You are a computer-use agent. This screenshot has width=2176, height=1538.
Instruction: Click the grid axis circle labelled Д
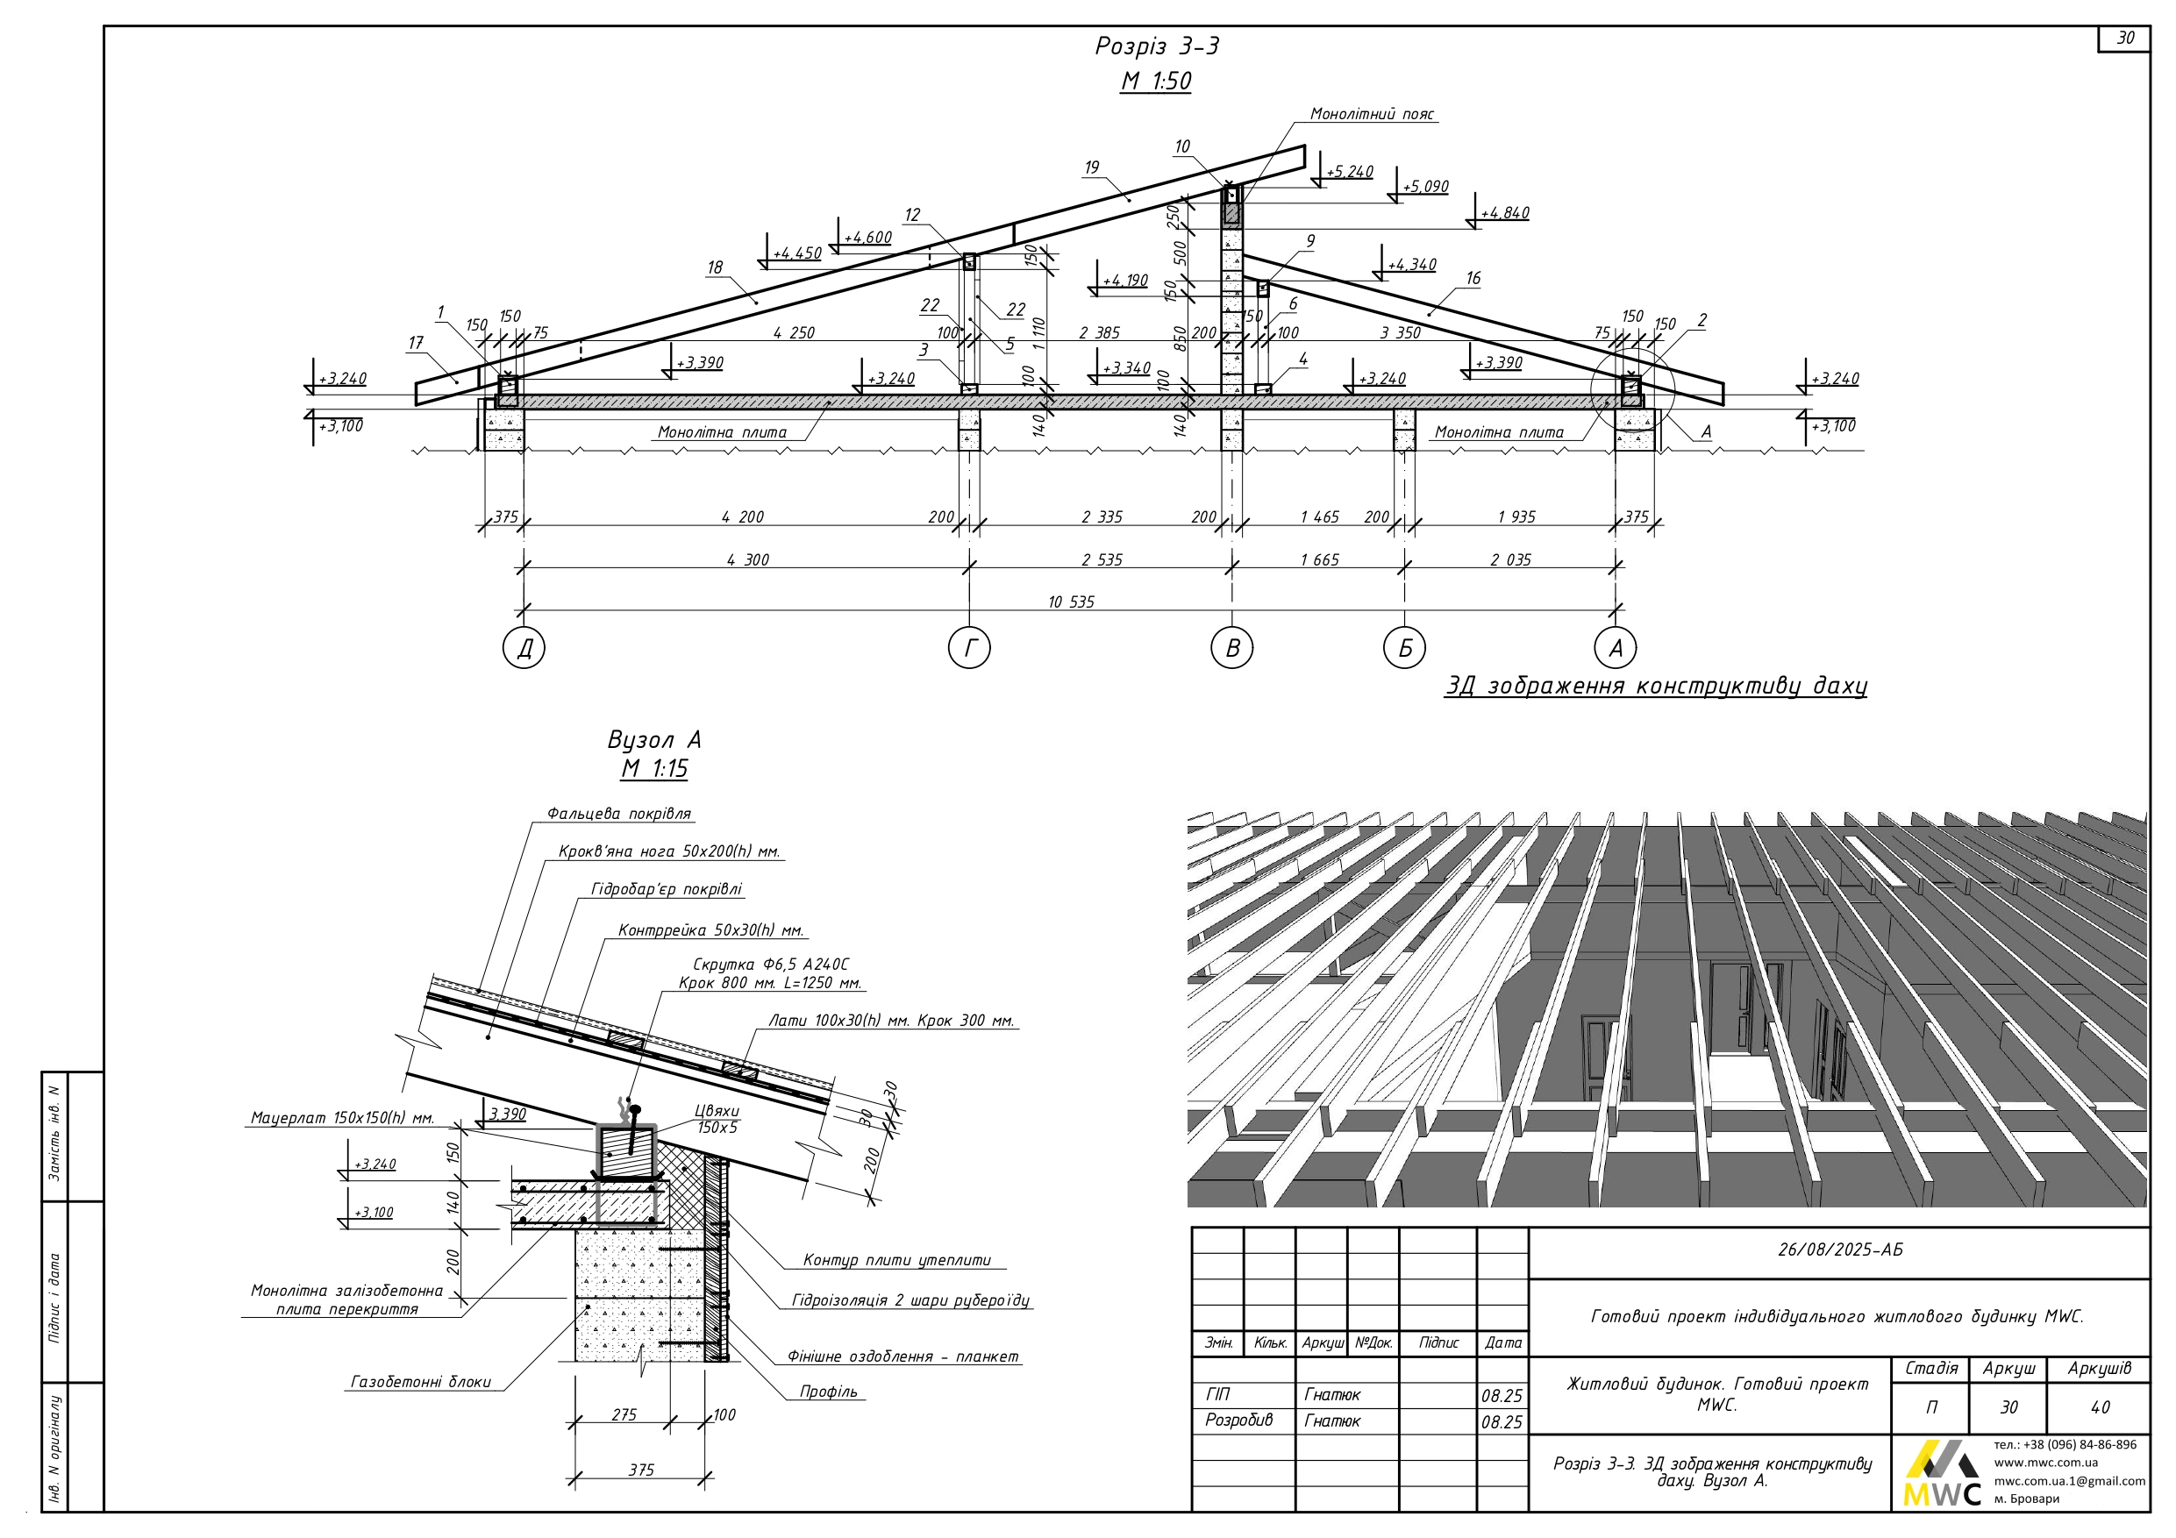click(524, 648)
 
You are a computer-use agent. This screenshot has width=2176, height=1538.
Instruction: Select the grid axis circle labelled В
click(1232, 648)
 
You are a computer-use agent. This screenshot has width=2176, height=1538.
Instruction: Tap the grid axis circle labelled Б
click(1404, 648)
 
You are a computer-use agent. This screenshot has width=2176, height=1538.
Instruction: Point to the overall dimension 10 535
click(1071, 602)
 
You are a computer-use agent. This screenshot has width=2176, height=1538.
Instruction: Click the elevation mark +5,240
click(1349, 173)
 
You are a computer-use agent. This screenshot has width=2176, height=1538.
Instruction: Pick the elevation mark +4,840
click(1504, 214)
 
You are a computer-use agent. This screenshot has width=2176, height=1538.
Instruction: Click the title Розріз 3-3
click(1156, 46)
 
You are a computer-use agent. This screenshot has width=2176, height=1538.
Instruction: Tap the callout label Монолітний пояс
click(1372, 115)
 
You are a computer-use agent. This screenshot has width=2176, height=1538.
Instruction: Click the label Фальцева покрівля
click(619, 814)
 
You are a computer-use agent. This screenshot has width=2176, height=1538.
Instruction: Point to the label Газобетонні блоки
click(421, 1383)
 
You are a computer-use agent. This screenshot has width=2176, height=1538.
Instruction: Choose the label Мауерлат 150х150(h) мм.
click(342, 1118)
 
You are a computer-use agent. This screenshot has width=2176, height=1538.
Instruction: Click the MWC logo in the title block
click(1941, 1476)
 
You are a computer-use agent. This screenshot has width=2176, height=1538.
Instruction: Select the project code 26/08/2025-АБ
click(1839, 1250)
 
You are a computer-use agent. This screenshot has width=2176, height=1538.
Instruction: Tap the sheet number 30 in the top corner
click(2125, 38)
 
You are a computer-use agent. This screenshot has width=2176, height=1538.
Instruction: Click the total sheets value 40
click(2099, 1407)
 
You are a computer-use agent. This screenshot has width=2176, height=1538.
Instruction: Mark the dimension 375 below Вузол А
click(640, 1470)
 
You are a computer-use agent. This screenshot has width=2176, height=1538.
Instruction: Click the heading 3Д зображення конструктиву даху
click(1656, 686)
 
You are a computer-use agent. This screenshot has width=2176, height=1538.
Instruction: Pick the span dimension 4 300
click(748, 560)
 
